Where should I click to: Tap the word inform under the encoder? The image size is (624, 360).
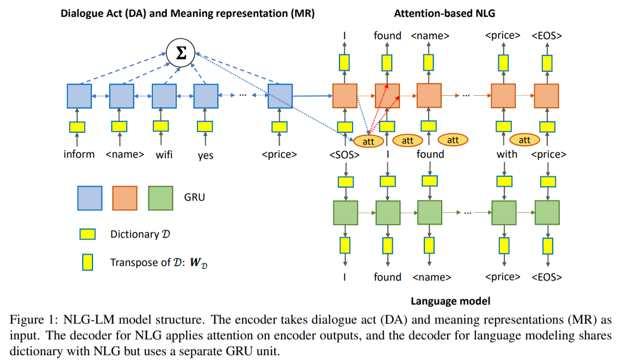[79, 154]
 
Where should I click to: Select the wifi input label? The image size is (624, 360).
[164, 154]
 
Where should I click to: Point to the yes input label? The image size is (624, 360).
[206, 156]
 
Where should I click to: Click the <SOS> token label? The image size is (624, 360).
[344, 154]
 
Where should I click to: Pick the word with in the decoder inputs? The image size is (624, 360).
[506, 154]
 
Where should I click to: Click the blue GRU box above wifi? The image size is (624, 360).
[164, 96]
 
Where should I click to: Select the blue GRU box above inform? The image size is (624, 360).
[79, 96]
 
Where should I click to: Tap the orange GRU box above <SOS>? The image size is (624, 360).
[344, 96]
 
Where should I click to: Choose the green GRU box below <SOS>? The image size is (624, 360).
[344, 212]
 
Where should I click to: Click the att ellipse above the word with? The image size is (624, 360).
[524, 140]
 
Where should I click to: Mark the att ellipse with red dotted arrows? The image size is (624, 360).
[368, 140]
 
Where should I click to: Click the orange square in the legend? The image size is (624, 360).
[125, 198]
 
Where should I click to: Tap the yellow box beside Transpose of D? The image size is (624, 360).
[87, 262]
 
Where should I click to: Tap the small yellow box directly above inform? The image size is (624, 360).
[77, 127]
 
